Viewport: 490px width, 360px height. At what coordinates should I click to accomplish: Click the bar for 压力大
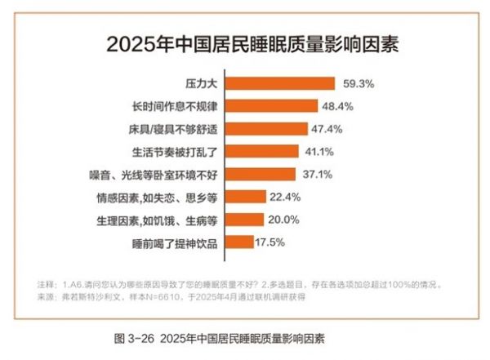click(279, 83)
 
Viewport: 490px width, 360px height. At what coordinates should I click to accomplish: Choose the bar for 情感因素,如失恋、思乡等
click(244, 197)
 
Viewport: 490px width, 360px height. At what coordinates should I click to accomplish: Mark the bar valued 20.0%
click(243, 219)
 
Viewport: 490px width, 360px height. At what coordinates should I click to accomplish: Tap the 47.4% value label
click(326, 129)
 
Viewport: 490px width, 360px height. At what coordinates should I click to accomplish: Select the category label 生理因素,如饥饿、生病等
click(155, 219)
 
